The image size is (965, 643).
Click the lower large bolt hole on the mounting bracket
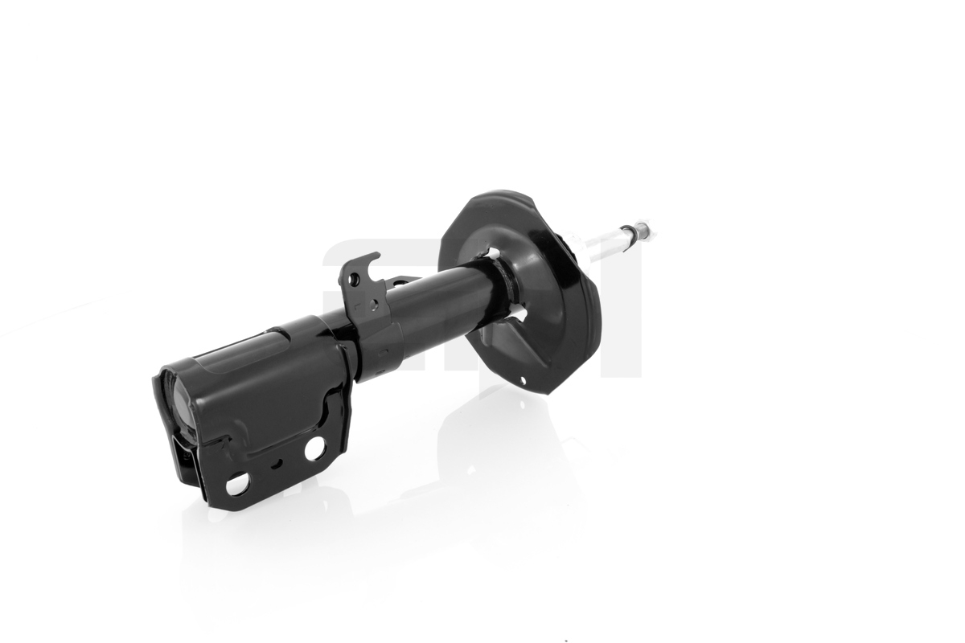(237, 485)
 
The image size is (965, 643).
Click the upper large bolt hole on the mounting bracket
(314, 448)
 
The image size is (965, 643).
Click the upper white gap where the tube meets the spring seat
(492, 255)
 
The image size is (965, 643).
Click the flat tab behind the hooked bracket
(402, 281)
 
